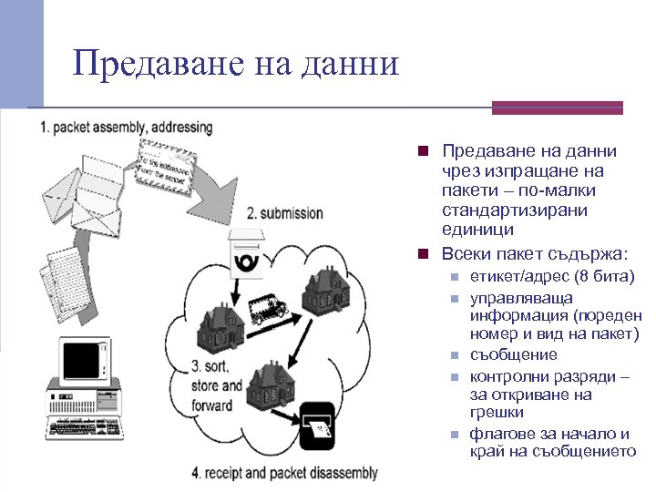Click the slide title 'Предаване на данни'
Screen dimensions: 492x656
236,64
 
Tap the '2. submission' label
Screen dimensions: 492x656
284,213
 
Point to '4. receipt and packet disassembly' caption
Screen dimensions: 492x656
284,473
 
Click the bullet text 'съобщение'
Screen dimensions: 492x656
513,354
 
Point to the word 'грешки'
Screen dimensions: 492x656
497,413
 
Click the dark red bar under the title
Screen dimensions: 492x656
557,108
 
